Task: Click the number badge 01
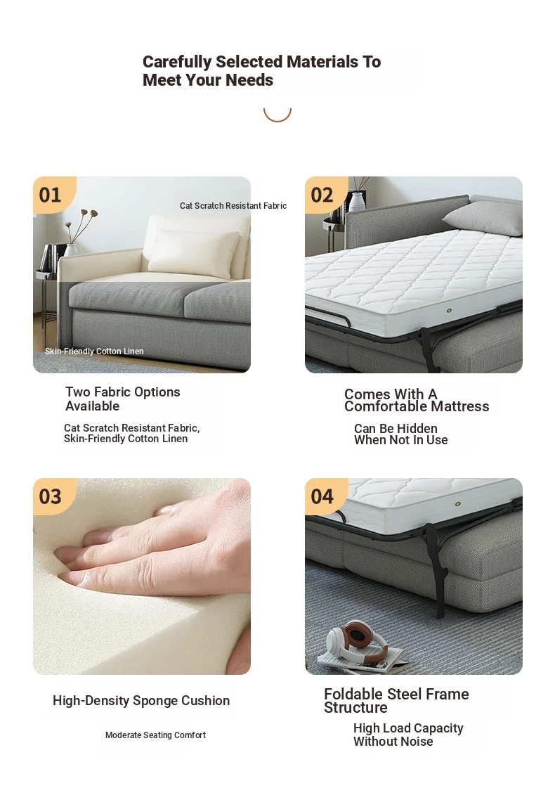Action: tap(51, 195)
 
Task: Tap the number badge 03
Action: tap(51, 497)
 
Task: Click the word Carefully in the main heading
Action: tap(177, 63)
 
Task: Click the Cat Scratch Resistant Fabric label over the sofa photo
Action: tap(233, 206)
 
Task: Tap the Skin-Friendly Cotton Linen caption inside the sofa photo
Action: tap(94, 351)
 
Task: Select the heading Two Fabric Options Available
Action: tap(123, 399)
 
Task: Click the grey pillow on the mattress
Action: tap(483, 218)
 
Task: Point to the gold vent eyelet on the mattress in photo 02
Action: tap(449, 311)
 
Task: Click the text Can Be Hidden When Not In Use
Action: tap(400, 434)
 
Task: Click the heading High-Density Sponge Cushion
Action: tap(141, 700)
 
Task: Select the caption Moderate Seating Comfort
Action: tap(155, 735)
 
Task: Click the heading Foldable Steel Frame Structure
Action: tap(396, 700)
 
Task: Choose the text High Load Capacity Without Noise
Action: tap(408, 735)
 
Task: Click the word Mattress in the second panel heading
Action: tap(460, 406)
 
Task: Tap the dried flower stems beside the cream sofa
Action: tap(82, 226)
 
